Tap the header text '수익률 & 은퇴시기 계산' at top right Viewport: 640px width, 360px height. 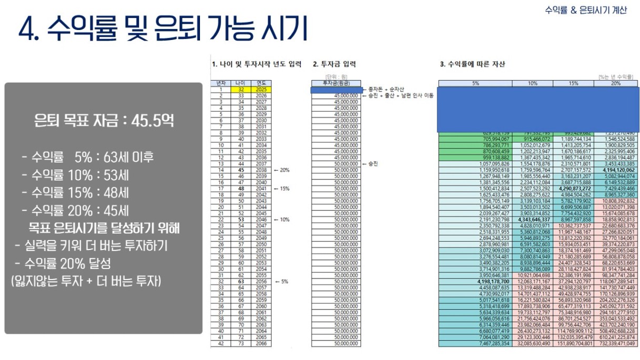586,10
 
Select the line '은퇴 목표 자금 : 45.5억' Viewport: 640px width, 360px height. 104,121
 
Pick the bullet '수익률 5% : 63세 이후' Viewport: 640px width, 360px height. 87,157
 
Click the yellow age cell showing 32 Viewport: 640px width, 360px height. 240,89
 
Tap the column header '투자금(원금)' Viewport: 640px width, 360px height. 336,83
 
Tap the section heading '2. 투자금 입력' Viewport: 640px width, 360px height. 334,64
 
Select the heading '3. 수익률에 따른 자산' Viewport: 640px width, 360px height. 472,64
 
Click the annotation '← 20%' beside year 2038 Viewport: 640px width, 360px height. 282,170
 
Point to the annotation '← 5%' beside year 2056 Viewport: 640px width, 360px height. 281,282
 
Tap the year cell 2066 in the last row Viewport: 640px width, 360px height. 262,344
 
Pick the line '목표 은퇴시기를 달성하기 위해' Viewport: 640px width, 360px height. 104,228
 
